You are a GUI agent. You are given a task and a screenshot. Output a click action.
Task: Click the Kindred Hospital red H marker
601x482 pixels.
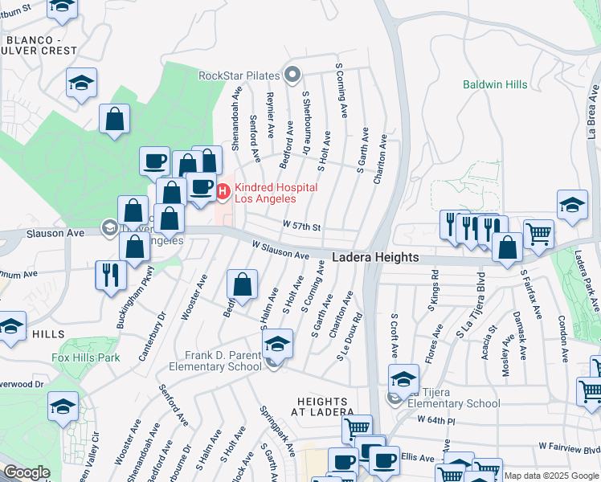pos(223,190)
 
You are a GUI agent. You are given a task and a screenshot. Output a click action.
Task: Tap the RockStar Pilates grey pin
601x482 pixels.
pos(292,76)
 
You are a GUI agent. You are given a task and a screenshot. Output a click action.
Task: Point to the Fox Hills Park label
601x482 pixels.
pos(86,357)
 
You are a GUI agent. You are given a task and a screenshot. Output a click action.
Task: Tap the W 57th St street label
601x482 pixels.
pos(301,227)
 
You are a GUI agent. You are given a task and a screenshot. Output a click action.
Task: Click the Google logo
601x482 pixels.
pos(27,473)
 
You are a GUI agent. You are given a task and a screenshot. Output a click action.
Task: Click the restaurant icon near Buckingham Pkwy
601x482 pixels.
pos(110,275)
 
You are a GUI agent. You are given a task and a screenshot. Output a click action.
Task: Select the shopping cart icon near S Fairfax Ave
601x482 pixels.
pos(539,234)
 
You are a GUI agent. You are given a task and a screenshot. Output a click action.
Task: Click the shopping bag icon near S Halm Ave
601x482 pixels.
pos(242,284)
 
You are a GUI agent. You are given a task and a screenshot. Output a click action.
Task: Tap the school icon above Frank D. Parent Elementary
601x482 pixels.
pos(277,343)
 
